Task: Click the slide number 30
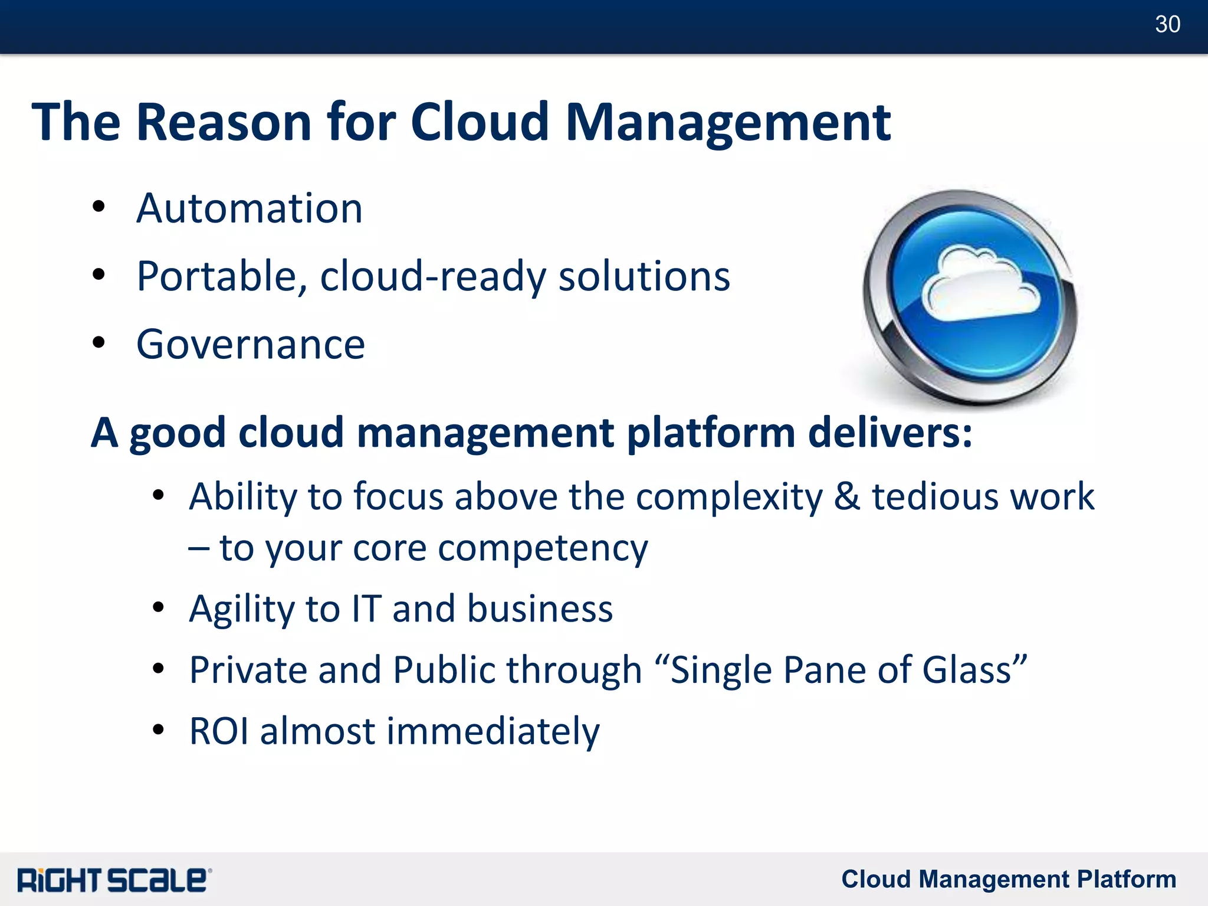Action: (1167, 24)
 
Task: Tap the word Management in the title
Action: (727, 124)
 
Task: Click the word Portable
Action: (221, 276)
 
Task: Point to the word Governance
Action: (251, 345)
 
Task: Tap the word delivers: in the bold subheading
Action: (889, 433)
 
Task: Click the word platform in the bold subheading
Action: (711, 434)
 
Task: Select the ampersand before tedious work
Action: (846, 496)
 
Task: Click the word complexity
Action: (729, 497)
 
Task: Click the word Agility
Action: (241, 609)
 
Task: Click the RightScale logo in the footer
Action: (114, 879)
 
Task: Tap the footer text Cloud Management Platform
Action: (1008, 879)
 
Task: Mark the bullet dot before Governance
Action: (99, 342)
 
